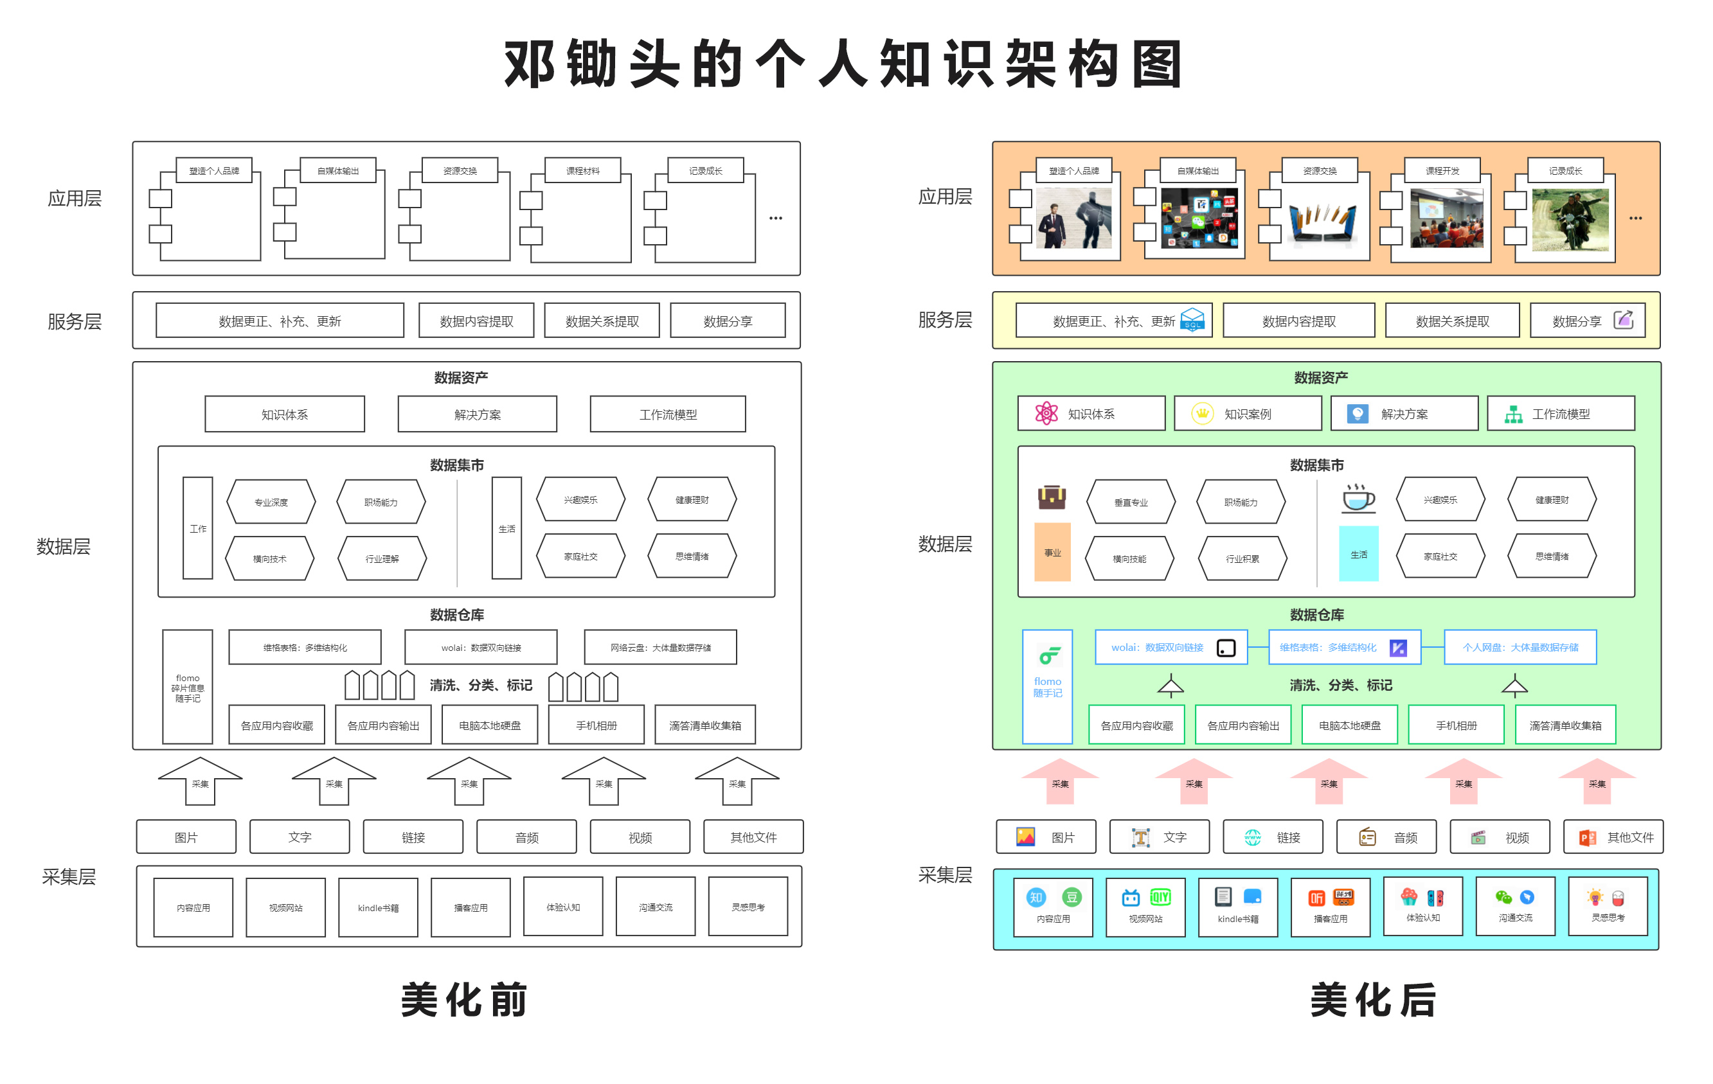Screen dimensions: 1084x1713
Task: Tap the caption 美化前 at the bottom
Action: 464,999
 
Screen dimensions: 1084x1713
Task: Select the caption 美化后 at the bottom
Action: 1373,999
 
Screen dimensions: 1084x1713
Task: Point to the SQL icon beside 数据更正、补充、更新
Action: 1192,319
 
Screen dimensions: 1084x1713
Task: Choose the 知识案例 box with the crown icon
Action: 1247,414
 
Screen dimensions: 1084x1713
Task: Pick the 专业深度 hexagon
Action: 271,502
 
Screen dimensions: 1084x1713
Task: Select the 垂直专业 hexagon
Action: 1131,502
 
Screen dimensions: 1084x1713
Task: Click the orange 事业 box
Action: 1052,553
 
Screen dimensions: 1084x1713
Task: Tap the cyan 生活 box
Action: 1358,554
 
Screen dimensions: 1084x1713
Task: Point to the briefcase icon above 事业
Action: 1052,497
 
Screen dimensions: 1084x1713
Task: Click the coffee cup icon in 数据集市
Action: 1358,498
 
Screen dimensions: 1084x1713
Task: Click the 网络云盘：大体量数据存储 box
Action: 660,647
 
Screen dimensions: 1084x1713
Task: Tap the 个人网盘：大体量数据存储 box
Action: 1520,647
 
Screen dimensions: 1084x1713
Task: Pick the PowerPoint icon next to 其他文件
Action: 1587,837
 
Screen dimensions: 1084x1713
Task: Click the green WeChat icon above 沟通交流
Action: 1503,897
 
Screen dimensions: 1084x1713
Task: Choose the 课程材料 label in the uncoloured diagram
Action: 582,171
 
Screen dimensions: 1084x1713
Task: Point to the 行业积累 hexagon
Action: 1242,559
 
